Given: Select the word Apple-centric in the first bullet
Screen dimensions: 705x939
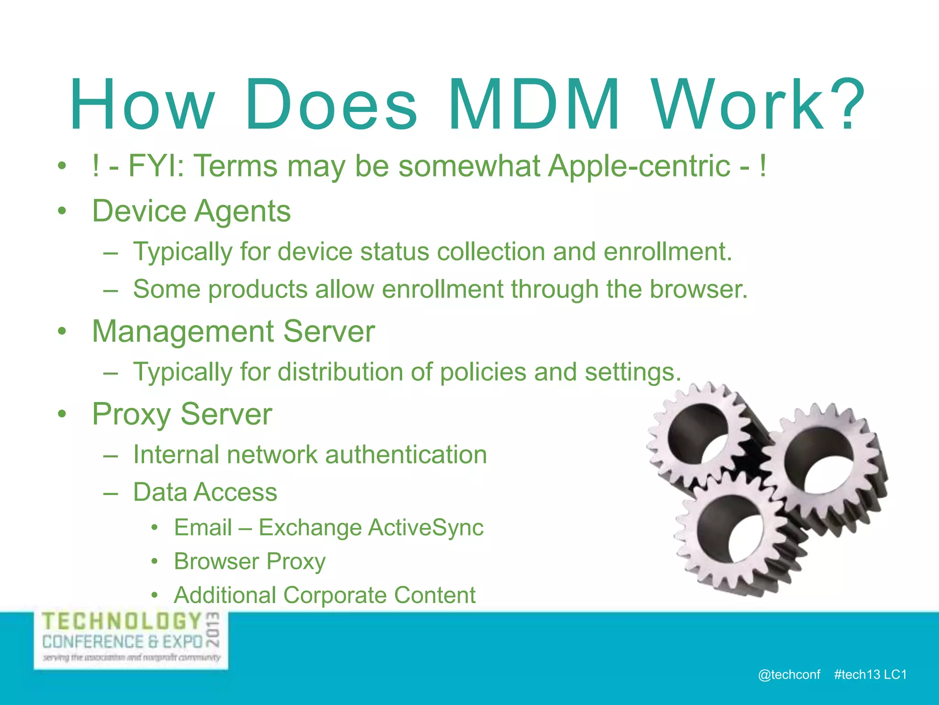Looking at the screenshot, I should point(639,166).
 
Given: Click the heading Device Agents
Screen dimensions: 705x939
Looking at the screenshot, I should point(191,211).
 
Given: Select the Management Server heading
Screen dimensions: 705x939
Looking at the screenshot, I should point(233,331).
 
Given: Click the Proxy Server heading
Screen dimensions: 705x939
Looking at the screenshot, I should point(182,414).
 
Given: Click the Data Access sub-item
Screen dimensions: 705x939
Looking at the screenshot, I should point(205,492).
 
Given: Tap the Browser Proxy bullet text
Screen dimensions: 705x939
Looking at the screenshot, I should point(250,561).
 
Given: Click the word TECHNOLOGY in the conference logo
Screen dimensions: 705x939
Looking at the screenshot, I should point(122,621).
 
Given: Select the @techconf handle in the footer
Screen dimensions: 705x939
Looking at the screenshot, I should point(789,674).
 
